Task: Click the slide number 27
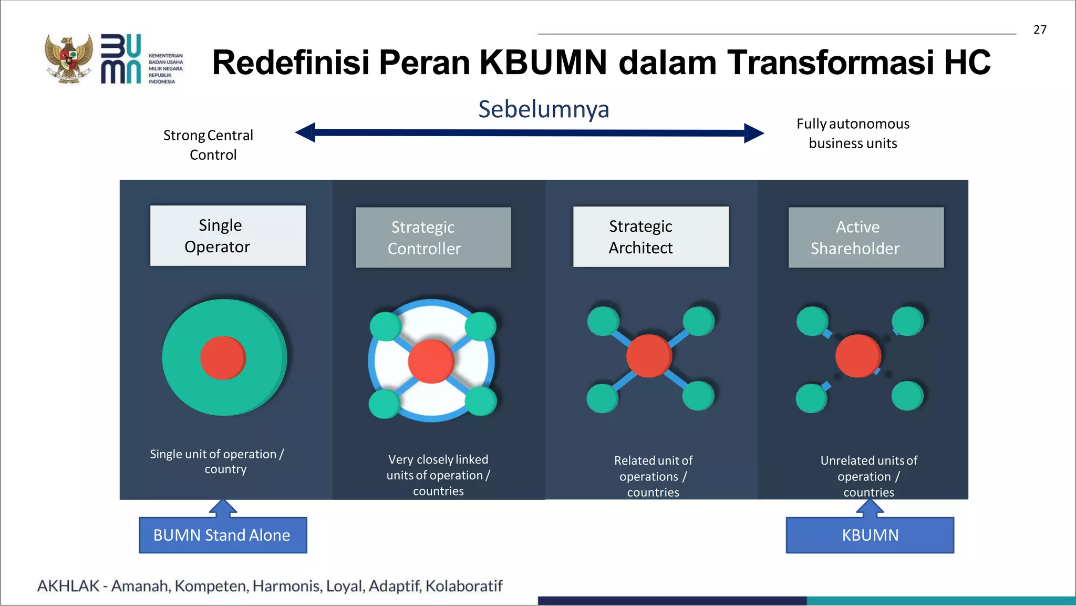(x=1040, y=30)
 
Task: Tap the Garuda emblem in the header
(x=69, y=59)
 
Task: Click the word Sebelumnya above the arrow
(x=543, y=109)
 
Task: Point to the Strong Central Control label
(x=209, y=145)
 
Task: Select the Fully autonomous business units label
(x=853, y=133)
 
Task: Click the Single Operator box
(x=227, y=235)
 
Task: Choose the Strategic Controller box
(x=433, y=238)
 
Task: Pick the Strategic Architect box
(x=650, y=237)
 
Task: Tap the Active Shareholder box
(x=865, y=238)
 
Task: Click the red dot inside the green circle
(x=223, y=358)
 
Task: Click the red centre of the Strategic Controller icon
(x=431, y=361)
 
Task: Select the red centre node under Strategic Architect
(x=649, y=356)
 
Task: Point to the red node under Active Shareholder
(x=858, y=356)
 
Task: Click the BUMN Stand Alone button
(x=223, y=535)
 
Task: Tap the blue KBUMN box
(x=870, y=535)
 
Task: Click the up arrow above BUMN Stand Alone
(x=223, y=507)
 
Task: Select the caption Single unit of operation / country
(x=217, y=461)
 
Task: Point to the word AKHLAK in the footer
(x=68, y=586)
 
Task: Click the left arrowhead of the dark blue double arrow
(x=306, y=132)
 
